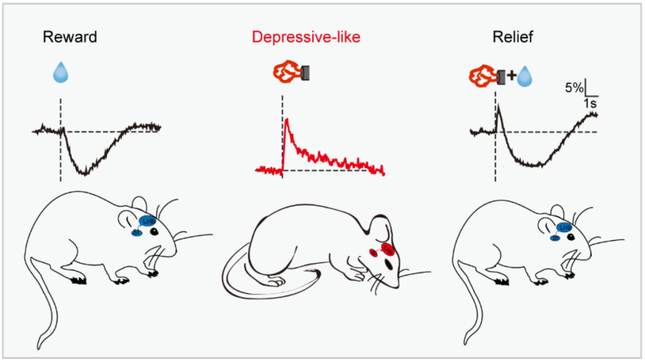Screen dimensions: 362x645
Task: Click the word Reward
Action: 70,37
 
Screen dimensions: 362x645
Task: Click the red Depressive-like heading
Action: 306,37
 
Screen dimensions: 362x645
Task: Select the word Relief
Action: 513,37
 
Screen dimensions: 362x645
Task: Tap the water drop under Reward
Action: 60,73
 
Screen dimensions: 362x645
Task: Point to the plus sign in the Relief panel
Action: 511,76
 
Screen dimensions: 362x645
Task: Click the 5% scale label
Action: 574,88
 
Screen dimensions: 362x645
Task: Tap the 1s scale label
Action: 589,103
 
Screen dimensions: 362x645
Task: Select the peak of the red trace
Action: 287,119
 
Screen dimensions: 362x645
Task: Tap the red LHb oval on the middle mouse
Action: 388,247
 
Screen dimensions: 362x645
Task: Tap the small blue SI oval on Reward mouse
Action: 136,232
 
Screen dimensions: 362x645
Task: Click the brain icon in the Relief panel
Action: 483,76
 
